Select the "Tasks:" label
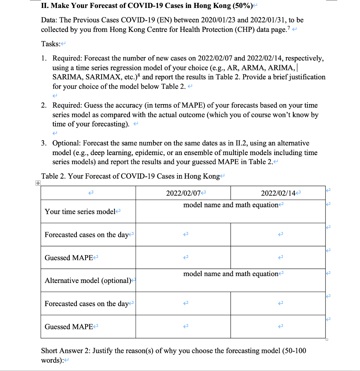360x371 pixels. pos(50,44)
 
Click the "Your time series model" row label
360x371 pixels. pos(80,212)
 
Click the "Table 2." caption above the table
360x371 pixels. pos(53,176)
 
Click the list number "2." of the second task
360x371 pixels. pos(44,105)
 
